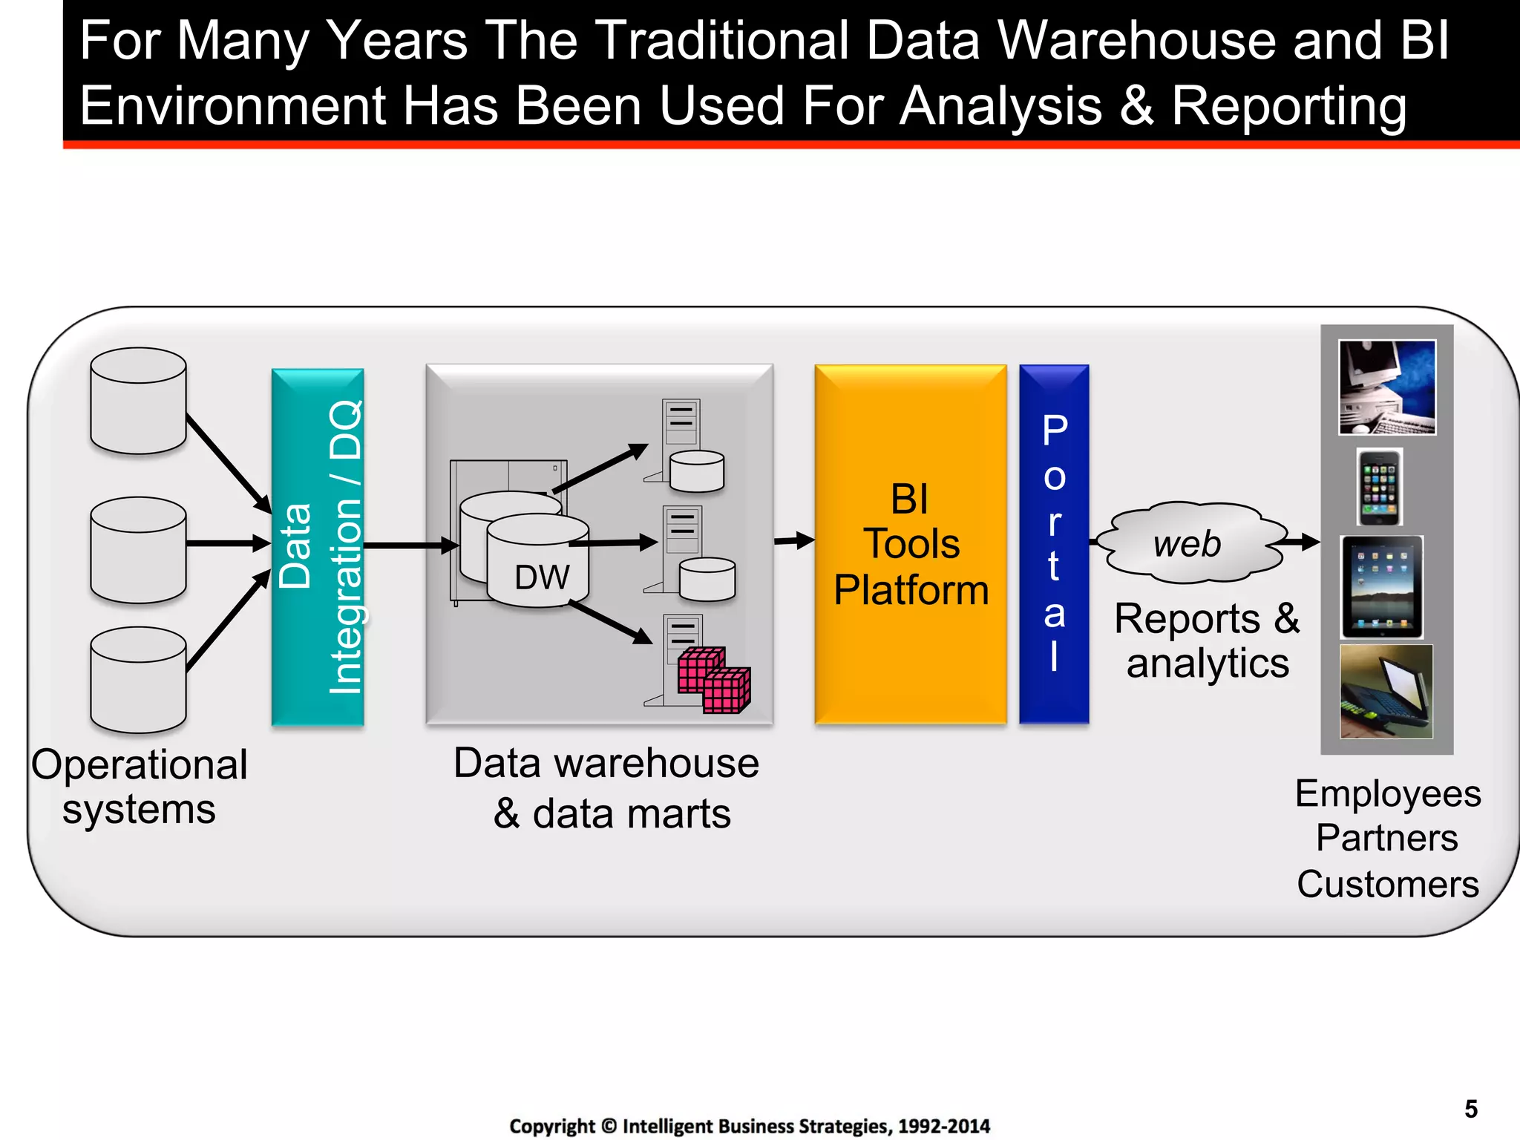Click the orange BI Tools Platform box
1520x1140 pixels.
[911, 544]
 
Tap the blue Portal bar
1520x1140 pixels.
[1054, 544]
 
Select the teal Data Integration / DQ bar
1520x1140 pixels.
[318, 547]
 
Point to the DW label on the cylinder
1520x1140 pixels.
[542, 577]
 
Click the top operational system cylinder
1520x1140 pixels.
[138, 401]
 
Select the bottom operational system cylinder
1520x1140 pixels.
[138, 680]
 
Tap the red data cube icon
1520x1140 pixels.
[713, 680]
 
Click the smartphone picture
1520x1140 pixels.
[1380, 488]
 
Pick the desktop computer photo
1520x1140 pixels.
[1386, 387]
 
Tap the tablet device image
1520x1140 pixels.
[1381, 587]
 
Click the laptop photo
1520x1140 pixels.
[1386, 691]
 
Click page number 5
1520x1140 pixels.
[1471, 1109]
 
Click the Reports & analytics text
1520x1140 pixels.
[1207, 641]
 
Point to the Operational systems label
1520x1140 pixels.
[139, 787]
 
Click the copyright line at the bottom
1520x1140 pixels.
[750, 1126]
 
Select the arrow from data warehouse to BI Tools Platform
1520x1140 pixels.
[794, 540]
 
